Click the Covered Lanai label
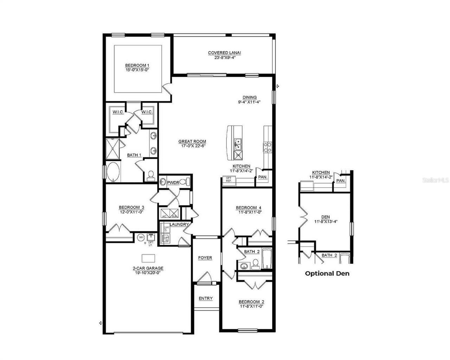[x=224, y=53]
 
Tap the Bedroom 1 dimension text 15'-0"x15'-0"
[x=137, y=70]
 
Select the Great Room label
[x=192, y=141]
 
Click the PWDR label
[x=173, y=183]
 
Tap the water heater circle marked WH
[x=141, y=238]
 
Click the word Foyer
[x=205, y=258]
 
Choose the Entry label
[x=206, y=298]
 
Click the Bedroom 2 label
[x=251, y=302]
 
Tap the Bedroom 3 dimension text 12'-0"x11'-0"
[x=131, y=212]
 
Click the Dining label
[x=250, y=97]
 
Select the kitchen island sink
[x=238, y=143]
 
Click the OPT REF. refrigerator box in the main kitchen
[x=229, y=179]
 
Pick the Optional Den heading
[x=327, y=273]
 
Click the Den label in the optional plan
[x=326, y=217]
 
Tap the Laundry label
[x=179, y=224]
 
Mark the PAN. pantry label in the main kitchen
[x=263, y=177]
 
